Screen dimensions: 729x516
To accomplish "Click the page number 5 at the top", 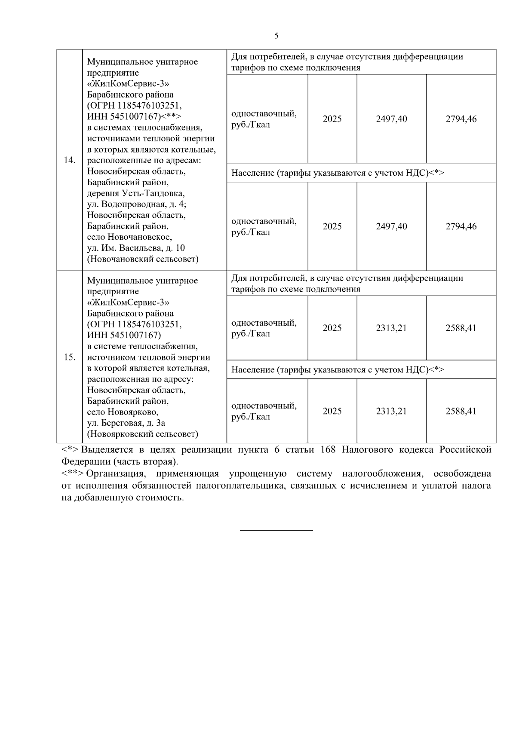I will point(276,36).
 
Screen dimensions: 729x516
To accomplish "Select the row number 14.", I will point(69,160).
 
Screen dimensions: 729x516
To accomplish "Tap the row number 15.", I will point(69,357).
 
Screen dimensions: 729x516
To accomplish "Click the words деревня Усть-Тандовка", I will point(136,193).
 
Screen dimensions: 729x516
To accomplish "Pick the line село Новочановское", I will point(129,237).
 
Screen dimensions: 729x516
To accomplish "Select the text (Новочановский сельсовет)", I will point(143,259).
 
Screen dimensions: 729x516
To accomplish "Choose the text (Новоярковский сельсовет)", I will point(143,434).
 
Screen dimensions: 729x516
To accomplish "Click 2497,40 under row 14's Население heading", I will point(391,226).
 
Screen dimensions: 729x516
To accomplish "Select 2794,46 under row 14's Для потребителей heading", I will point(461,119).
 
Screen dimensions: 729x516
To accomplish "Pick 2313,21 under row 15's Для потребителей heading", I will point(391,328).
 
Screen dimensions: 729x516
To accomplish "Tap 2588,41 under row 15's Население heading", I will point(461,411).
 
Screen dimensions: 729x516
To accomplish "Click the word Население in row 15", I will point(252,369).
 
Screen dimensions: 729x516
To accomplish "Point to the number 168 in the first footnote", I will point(328,450).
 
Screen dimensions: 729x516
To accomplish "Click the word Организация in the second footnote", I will point(115,474).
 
